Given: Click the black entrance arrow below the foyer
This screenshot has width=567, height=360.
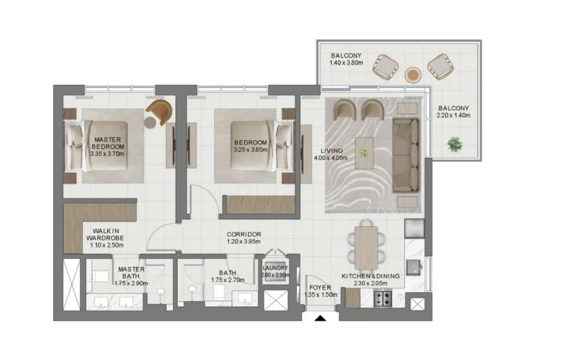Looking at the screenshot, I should coord(320,319).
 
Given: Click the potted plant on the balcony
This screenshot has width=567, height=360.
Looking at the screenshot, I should coord(453,145).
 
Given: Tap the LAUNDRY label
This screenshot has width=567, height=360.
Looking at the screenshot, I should coord(275,268).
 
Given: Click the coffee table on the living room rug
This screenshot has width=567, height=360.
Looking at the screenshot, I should coord(365,151).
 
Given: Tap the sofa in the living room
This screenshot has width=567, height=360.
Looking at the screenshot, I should coord(405,157).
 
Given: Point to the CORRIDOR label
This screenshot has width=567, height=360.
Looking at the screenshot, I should coord(245,234).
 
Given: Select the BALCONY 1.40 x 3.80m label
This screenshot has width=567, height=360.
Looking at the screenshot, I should coord(347,59).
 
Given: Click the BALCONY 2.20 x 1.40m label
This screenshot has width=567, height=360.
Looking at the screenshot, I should coord(453,112).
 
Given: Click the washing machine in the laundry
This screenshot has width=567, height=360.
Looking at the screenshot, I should coord(275,276).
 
